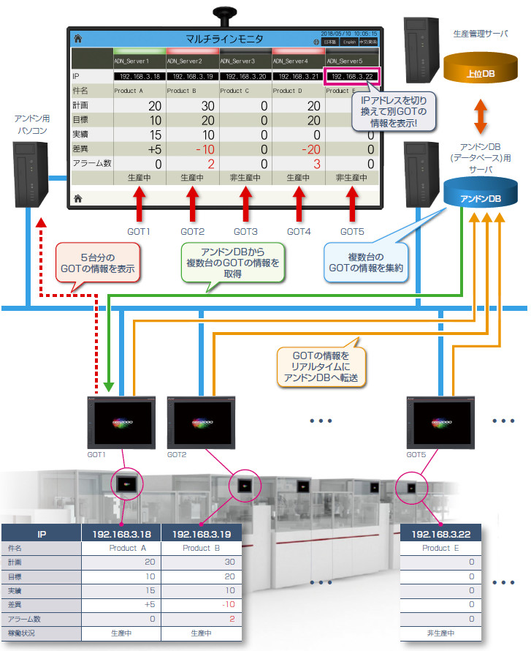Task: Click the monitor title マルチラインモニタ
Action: point(224,39)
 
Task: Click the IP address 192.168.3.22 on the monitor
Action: point(354,76)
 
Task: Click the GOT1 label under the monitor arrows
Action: point(138,232)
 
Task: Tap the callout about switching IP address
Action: point(394,111)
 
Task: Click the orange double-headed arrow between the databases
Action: point(480,116)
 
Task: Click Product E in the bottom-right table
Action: point(436,548)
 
